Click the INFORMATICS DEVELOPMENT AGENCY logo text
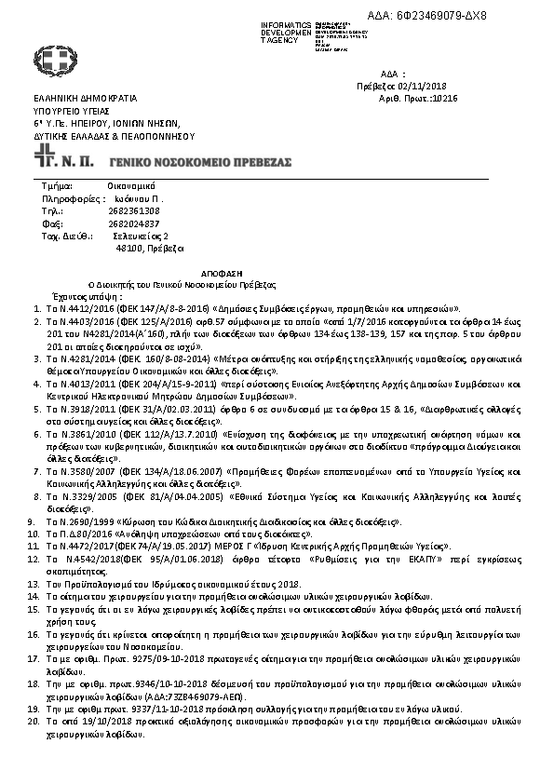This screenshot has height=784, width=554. pyautogui.click(x=290, y=31)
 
